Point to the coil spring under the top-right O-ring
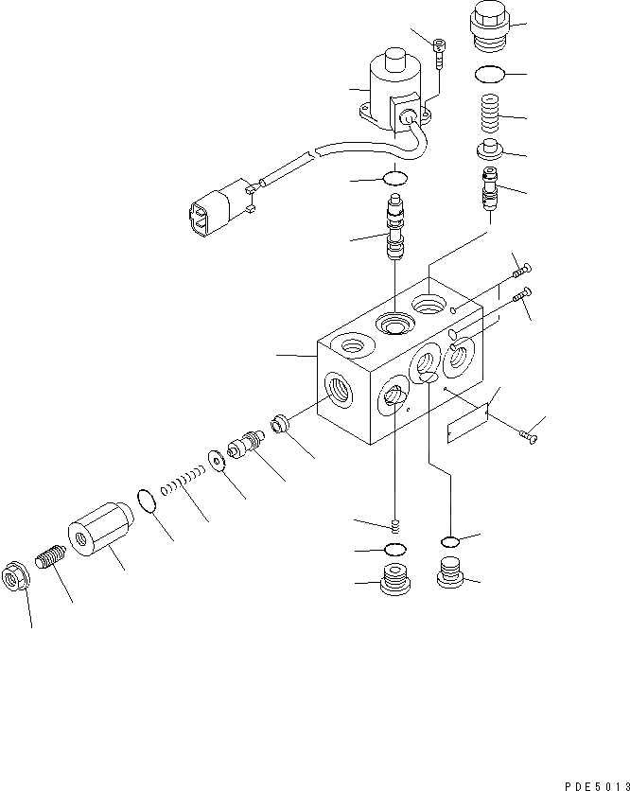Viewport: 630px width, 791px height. click(488, 114)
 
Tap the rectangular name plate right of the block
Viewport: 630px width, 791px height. click(468, 423)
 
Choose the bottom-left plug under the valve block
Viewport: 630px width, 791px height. click(394, 579)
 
